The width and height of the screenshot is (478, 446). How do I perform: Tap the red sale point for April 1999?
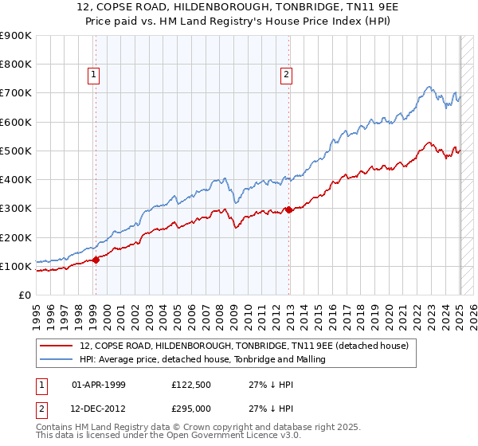pos(96,259)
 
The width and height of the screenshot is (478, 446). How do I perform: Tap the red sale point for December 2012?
pos(289,209)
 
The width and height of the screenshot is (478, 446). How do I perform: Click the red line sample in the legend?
pos(57,346)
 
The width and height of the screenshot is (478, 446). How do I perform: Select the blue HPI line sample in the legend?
pos(57,360)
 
